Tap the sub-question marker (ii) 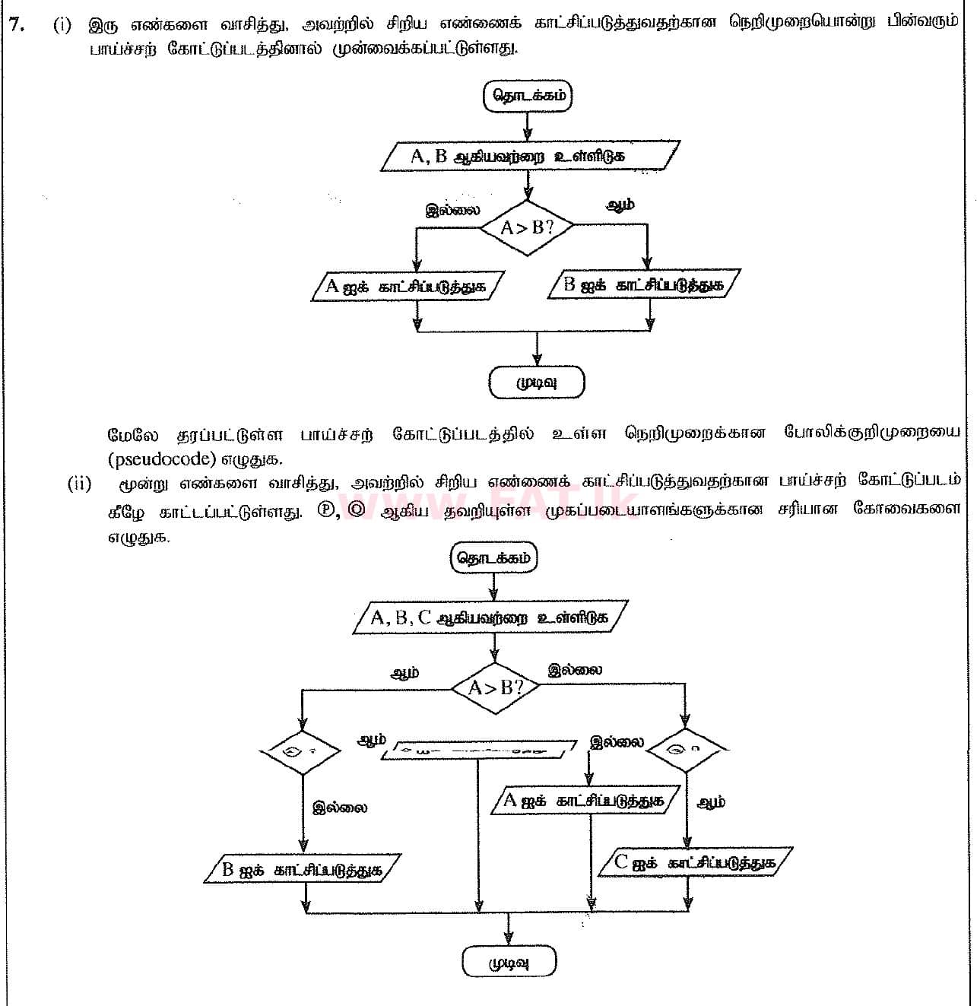coord(79,484)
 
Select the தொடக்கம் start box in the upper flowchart coord(527,97)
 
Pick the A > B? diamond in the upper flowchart coord(526,227)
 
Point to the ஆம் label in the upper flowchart coord(620,205)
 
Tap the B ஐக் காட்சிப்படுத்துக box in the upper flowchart coord(643,285)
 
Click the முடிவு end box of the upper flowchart coord(537,382)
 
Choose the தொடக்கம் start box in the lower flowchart coord(493,557)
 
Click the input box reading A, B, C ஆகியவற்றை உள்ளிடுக coord(492,617)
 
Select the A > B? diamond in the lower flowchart coord(495,688)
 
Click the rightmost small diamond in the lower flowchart coord(686,749)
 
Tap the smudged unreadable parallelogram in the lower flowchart coord(478,749)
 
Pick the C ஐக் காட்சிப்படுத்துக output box coord(694,862)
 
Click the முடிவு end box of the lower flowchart coord(509,963)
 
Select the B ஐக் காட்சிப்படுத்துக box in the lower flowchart coord(303,870)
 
